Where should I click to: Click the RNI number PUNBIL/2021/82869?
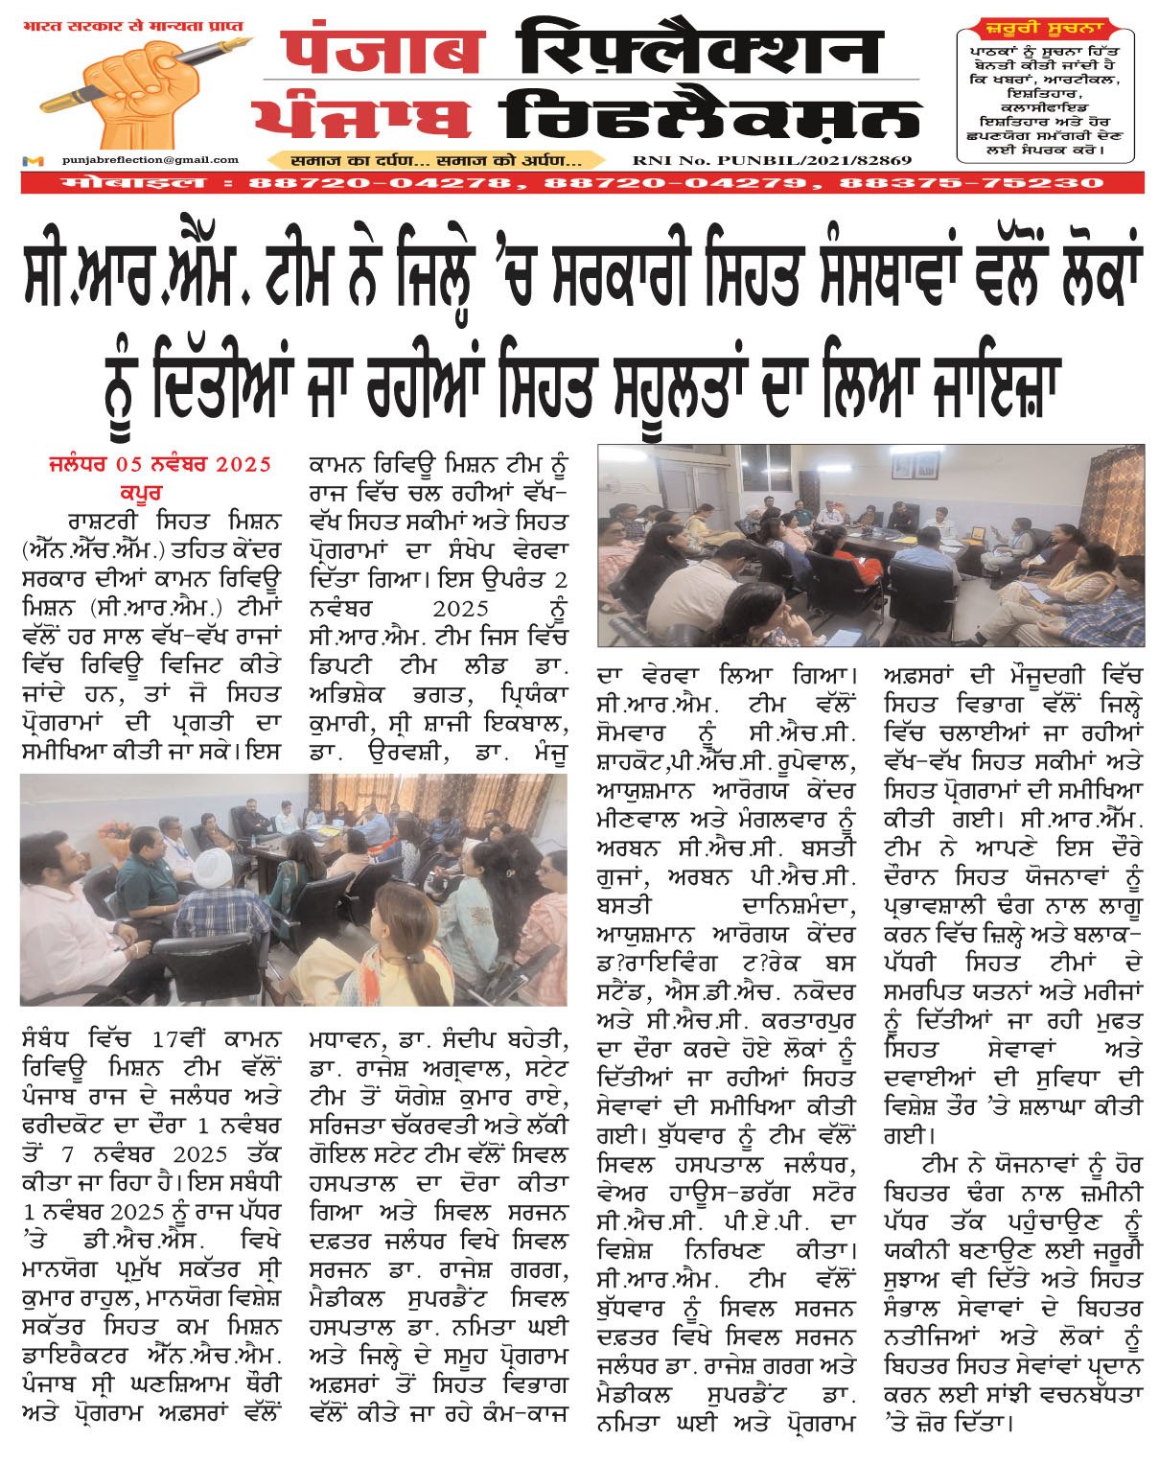(772, 161)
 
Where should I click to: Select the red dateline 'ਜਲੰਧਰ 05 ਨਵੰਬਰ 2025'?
(159, 466)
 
